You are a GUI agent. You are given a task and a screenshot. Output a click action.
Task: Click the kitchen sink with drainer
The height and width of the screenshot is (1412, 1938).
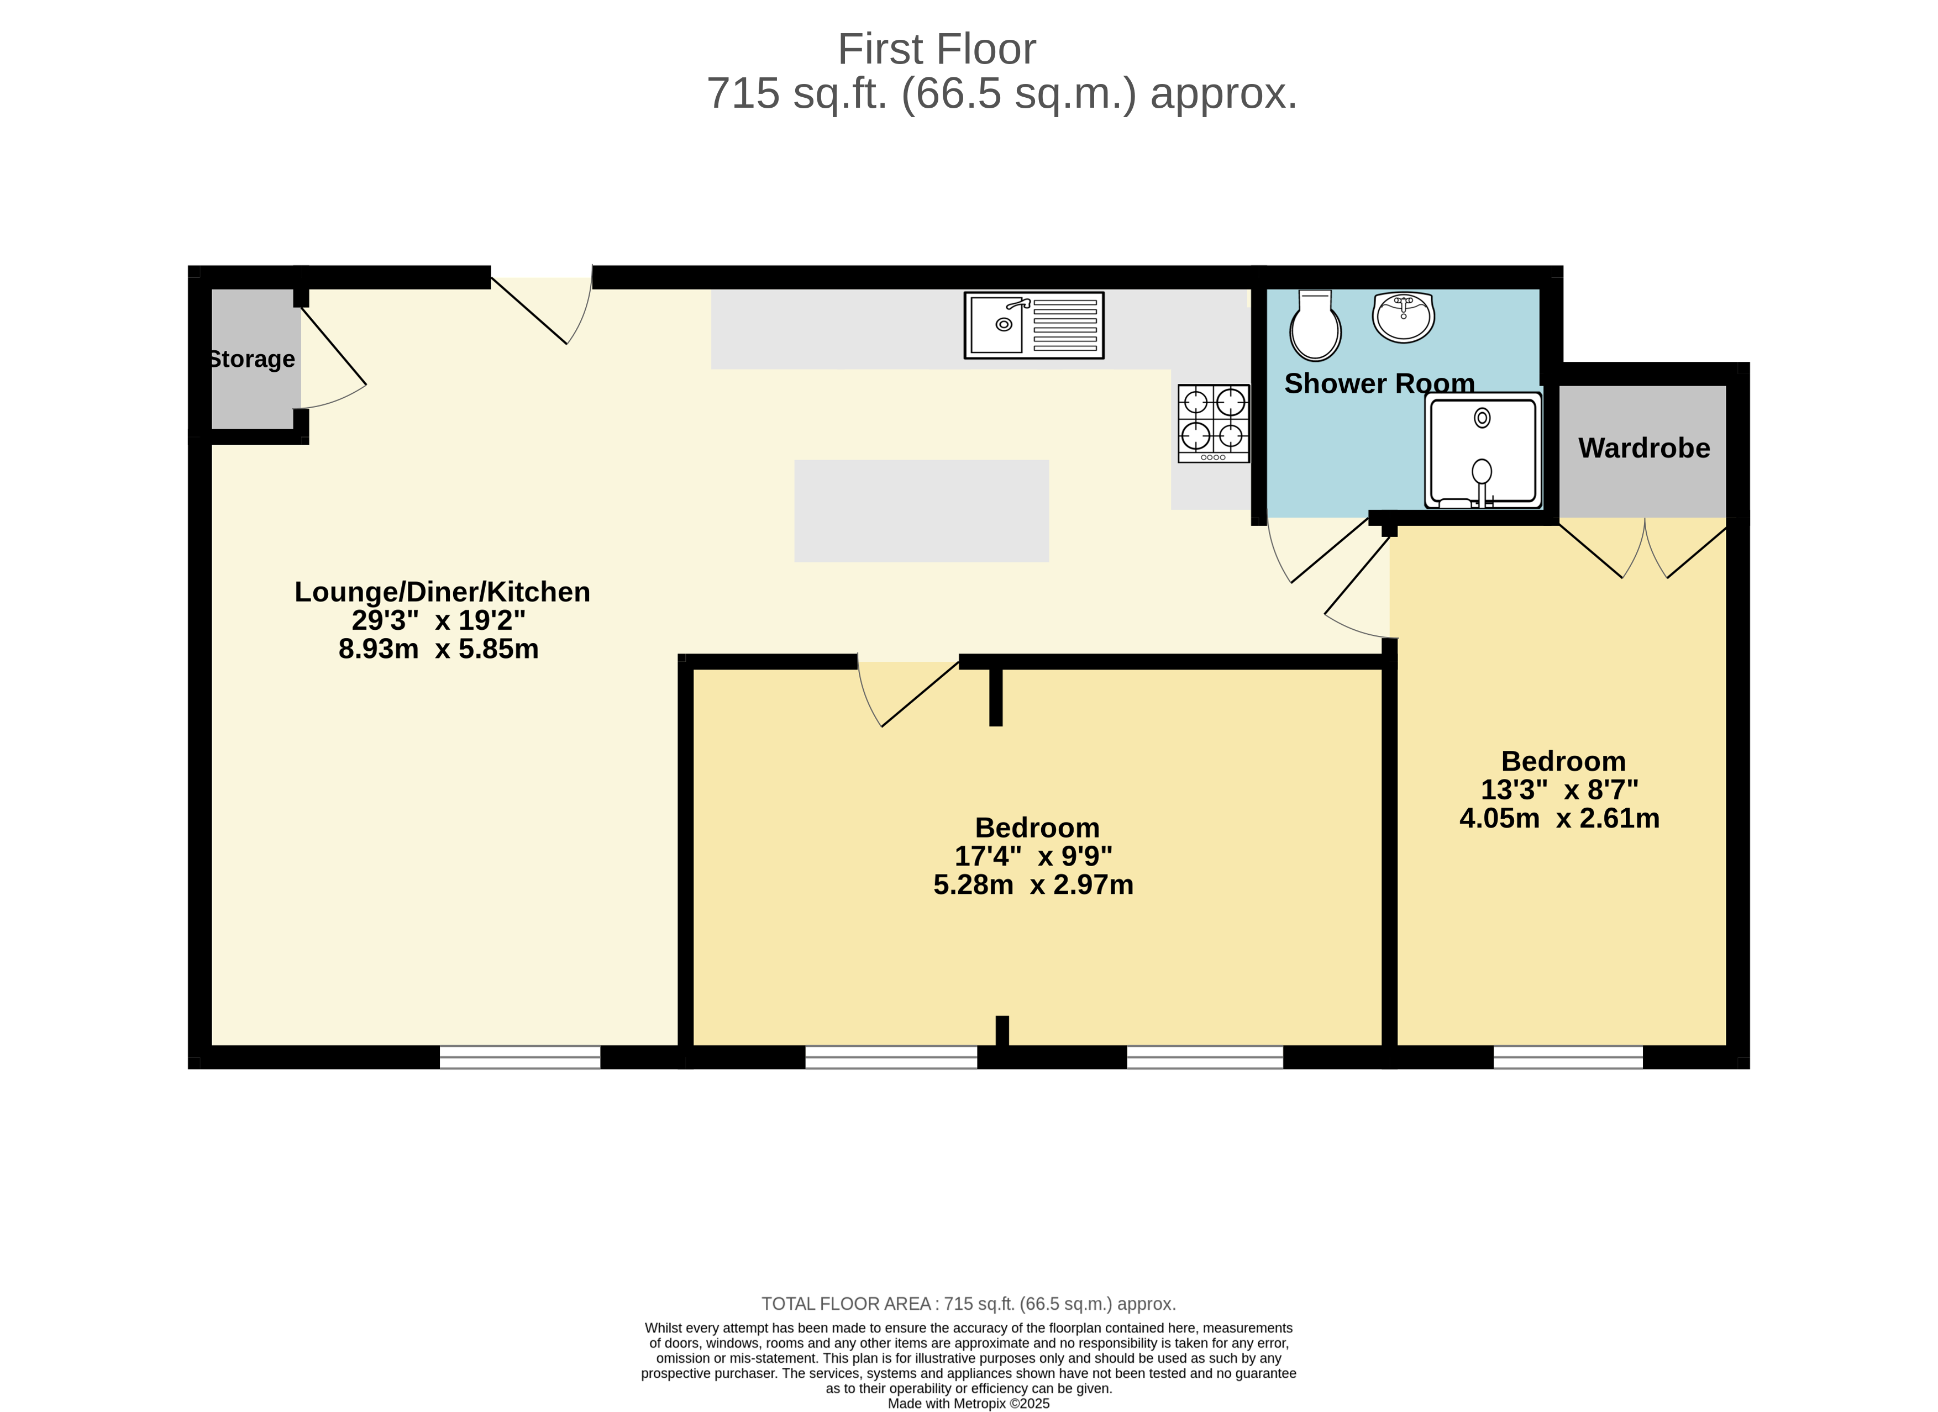[x=1033, y=325]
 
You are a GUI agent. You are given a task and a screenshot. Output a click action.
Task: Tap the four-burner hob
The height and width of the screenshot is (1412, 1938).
[x=1213, y=423]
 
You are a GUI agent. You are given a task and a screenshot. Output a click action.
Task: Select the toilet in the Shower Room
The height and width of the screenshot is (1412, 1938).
[x=1315, y=326]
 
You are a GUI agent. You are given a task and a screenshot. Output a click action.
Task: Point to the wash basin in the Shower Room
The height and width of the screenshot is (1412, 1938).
[x=1403, y=316]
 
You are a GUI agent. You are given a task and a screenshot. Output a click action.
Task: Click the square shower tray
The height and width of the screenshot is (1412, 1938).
[x=1482, y=450]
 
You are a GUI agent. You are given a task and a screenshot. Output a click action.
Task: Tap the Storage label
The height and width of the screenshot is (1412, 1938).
[x=252, y=359]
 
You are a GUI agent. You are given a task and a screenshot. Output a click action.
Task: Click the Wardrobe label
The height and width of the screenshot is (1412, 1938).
[x=1643, y=448]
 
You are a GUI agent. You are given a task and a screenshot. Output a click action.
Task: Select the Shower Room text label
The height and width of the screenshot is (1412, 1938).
[x=1379, y=384]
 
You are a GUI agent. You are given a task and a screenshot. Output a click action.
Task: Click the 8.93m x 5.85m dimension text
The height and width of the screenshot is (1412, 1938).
[x=439, y=649]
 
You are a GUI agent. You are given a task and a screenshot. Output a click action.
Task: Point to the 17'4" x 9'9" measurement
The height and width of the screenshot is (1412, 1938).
[x=1033, y=856]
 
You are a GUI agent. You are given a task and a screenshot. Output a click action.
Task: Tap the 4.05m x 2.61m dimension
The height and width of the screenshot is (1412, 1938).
[x=1558, y=818]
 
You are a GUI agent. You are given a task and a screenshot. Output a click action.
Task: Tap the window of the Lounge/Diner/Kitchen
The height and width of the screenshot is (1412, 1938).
[x=520, y=1057]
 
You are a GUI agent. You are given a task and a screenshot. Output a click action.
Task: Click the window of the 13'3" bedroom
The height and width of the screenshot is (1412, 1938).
[x=1567, y=1057]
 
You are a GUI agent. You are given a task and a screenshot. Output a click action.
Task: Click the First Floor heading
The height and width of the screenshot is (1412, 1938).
[x=936, y=50]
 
